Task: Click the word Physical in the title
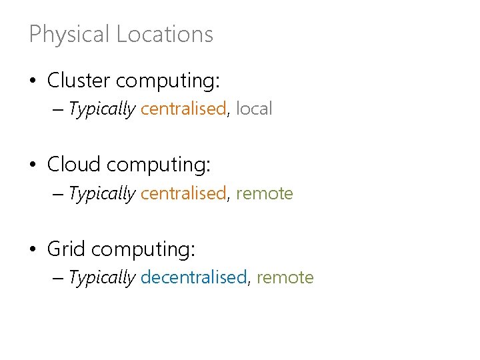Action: coord(69,34)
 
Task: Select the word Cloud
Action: coord(73,164)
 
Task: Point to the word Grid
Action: coord(66,249)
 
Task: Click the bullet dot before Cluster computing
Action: coord(33,82)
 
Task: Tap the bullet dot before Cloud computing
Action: coord(33,165)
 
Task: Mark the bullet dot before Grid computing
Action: coord(33,251)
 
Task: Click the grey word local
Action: coord(254,109)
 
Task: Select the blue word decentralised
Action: coord(193,277)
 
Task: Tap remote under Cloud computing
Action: coord(265,193)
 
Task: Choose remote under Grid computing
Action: coord(285,277)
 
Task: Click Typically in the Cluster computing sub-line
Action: coord(102,109)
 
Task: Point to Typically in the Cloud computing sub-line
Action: coord(102,193)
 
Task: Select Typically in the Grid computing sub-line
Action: coord(102,277)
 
